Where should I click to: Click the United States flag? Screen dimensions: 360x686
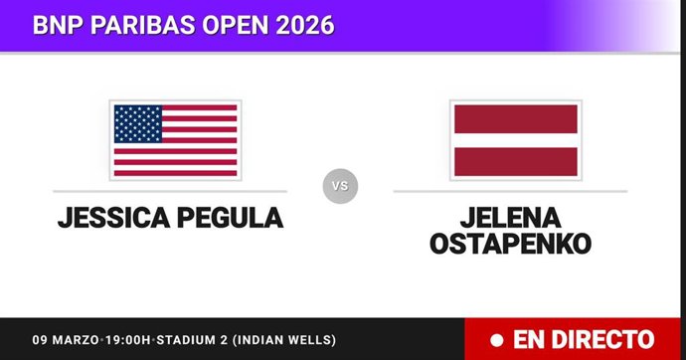(175, 140)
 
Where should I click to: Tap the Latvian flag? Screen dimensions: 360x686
(515, 140)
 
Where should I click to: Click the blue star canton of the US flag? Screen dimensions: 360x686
(138, 123)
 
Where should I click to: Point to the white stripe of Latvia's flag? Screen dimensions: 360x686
(515, 140)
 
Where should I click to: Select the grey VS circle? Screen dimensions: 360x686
(340, 186)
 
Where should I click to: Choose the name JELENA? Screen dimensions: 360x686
(511, 216)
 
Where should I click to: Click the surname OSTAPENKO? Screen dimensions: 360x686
(511, 243)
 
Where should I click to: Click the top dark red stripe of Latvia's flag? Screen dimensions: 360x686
(515, 118)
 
